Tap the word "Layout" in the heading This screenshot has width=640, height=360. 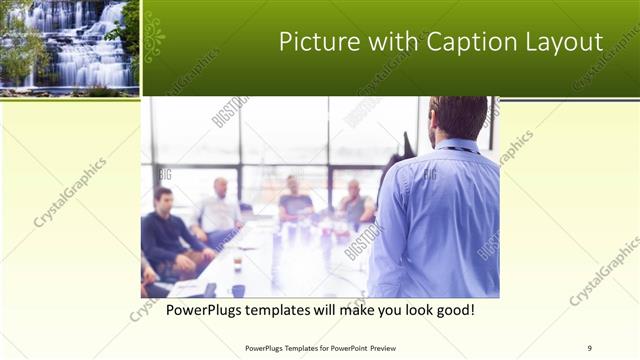coord(565,42)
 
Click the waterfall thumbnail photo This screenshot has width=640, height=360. coord(69,46)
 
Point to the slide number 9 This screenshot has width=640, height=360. coord(589,347)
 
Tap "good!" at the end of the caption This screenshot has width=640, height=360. coord(452,311)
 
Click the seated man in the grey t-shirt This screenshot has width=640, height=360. coord(295,200)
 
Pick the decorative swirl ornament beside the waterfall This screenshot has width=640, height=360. coord(154,38)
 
